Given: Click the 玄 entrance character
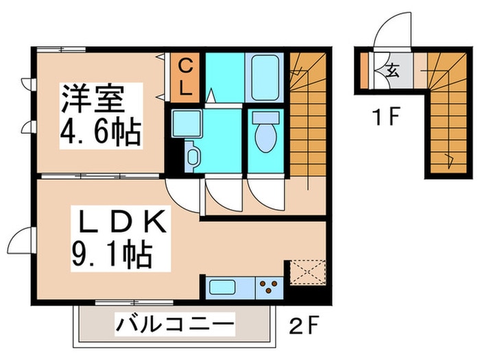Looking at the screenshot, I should point(394,70).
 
